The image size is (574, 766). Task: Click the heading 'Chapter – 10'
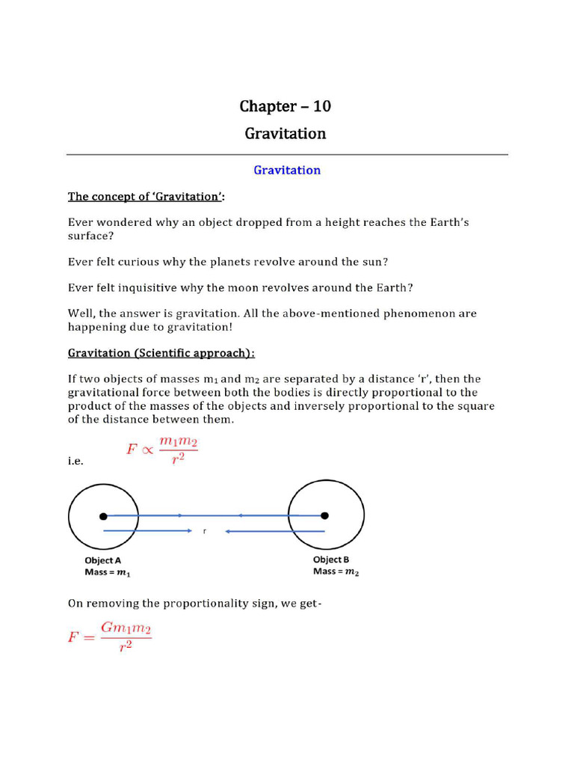(285, 106)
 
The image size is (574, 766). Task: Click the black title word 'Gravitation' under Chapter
(285, 134)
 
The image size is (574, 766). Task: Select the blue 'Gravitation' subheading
(287, 170)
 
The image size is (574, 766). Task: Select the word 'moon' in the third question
(278, 287)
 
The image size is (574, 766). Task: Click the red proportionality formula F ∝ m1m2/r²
(161, 452)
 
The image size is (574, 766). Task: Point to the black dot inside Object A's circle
(103, 515)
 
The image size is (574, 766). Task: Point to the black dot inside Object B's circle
(324, 515)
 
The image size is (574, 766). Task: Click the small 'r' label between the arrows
(204, 531)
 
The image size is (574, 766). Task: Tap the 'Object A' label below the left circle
(103, 560)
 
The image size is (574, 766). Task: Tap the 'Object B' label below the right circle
(331, 560)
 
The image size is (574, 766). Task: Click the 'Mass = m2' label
(336, 572)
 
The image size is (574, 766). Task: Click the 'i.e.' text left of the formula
(75, 462)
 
